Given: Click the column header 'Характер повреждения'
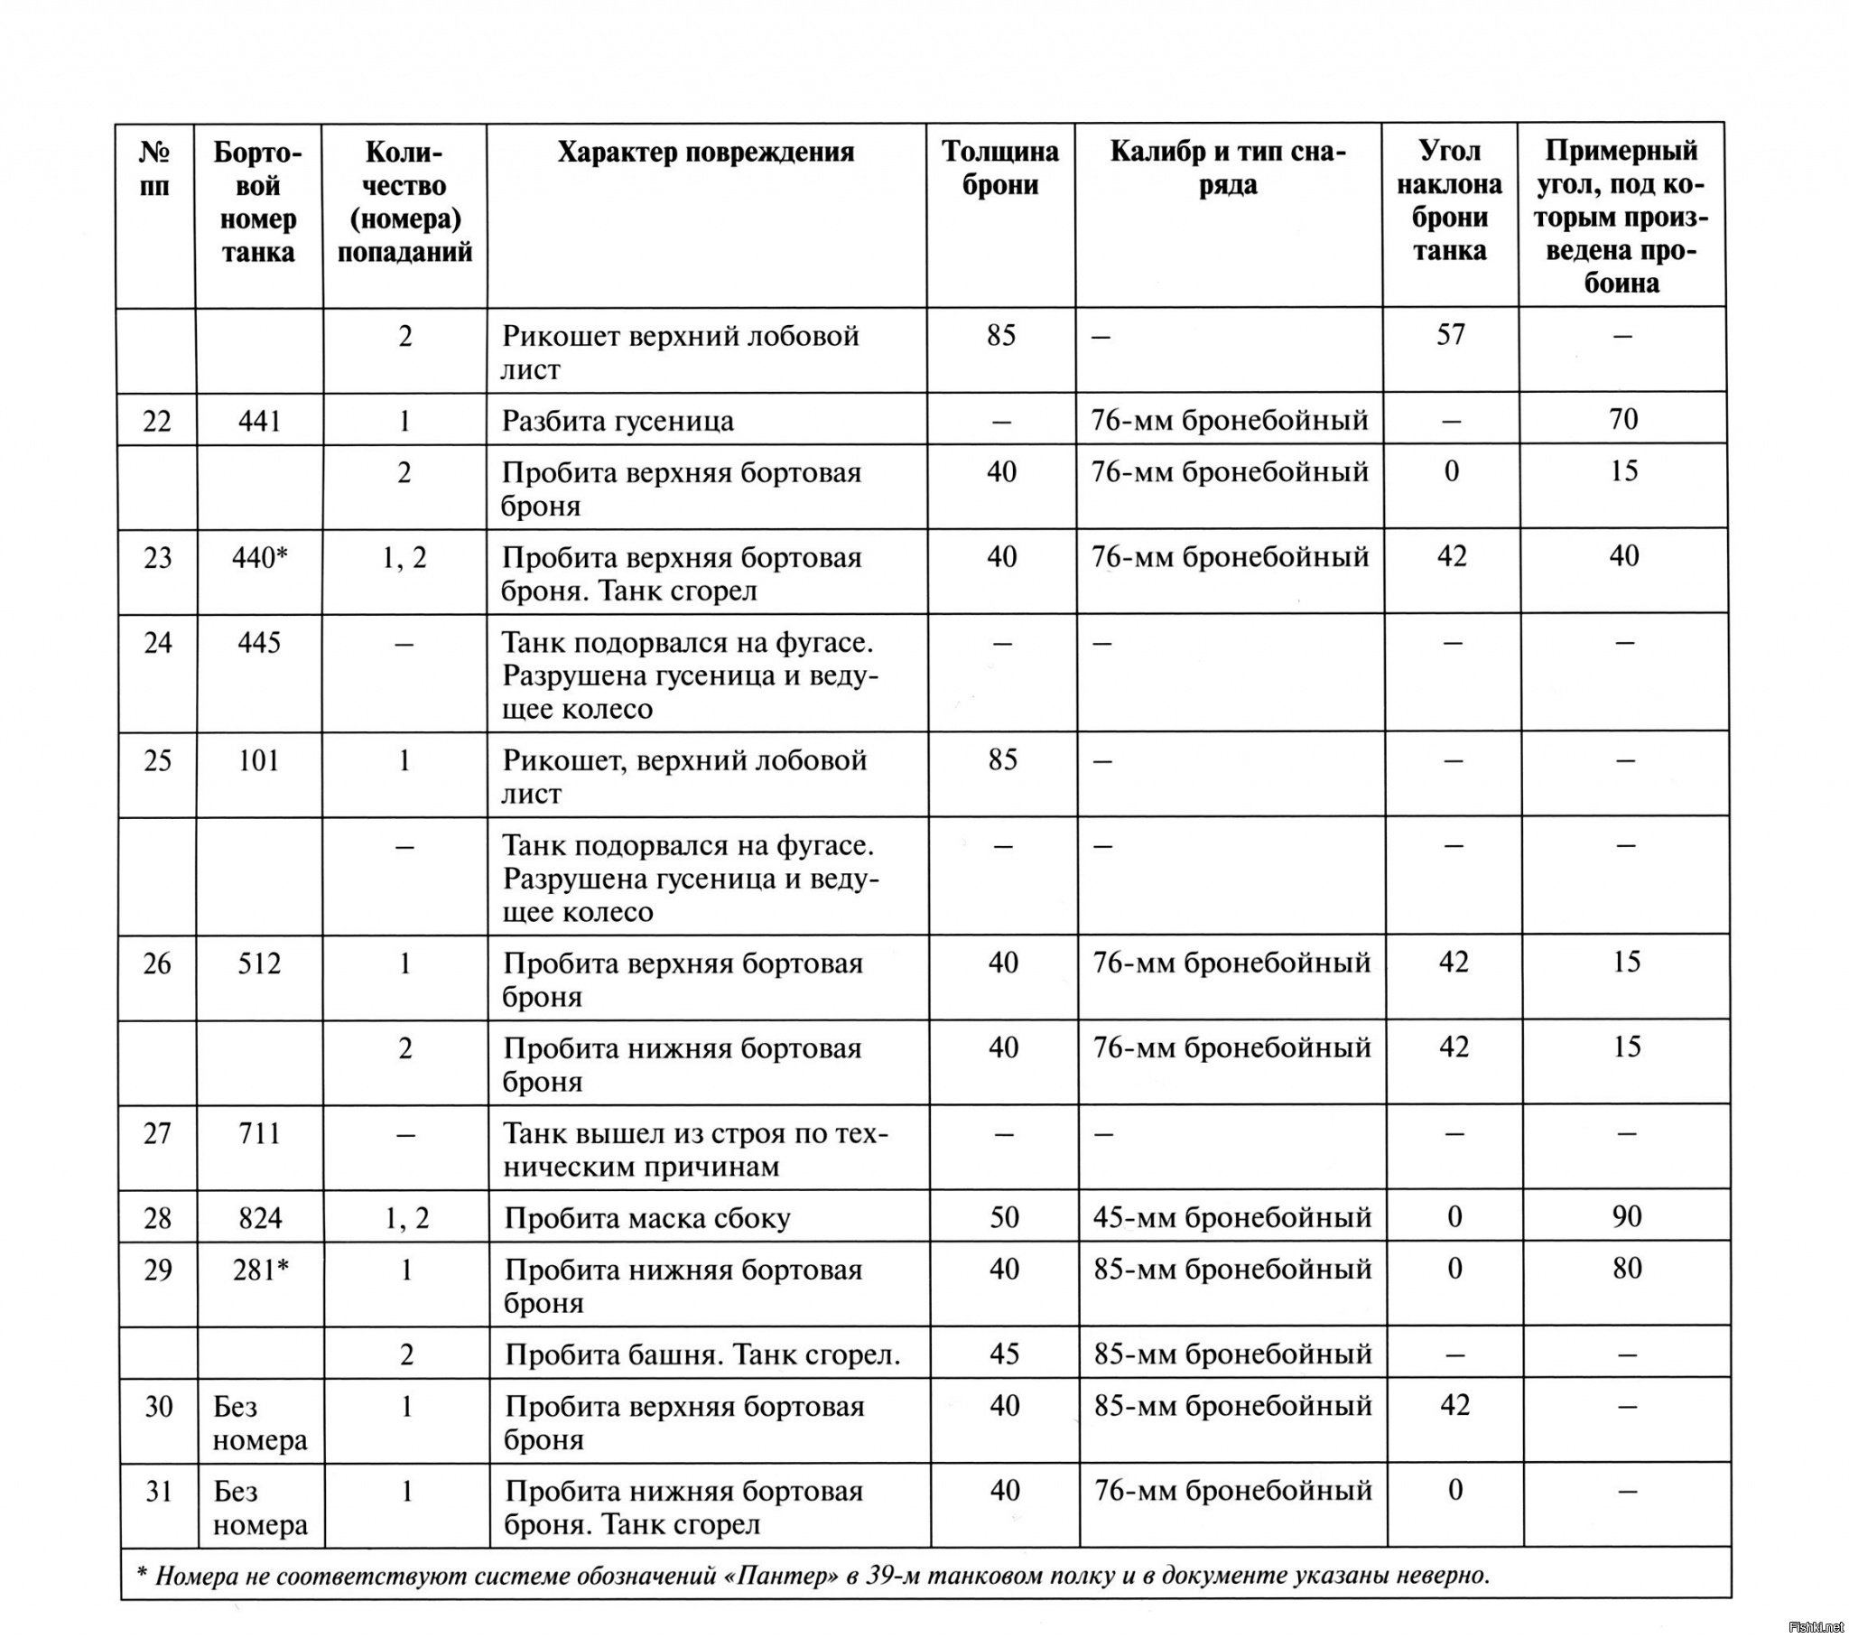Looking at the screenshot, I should (706, 152).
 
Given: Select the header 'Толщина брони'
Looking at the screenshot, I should (1000, 168).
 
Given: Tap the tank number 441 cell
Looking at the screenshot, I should (260, 421).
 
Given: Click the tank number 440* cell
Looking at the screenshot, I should (260, 557).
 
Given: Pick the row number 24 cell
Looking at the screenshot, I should (157, 643).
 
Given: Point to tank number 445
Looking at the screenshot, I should (260, 643).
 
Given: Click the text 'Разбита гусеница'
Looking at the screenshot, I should (618, 421).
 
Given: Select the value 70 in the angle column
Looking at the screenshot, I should (1624, 419).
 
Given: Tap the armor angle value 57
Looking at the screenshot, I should (1450, 335).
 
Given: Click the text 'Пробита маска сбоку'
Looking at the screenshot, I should (647, 1218).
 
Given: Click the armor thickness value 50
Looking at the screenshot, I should (1004, 1217).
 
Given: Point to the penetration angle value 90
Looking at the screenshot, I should (1627, 1216).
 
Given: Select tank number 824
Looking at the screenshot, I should (261, 1218).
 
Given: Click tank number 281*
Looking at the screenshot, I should (261, 1270).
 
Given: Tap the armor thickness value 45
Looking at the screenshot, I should (1004, 1354).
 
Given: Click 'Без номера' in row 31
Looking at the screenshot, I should (261, 1508).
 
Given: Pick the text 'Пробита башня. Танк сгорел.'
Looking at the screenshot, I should (702, 1354).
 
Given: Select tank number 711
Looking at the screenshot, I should (261, 1133).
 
